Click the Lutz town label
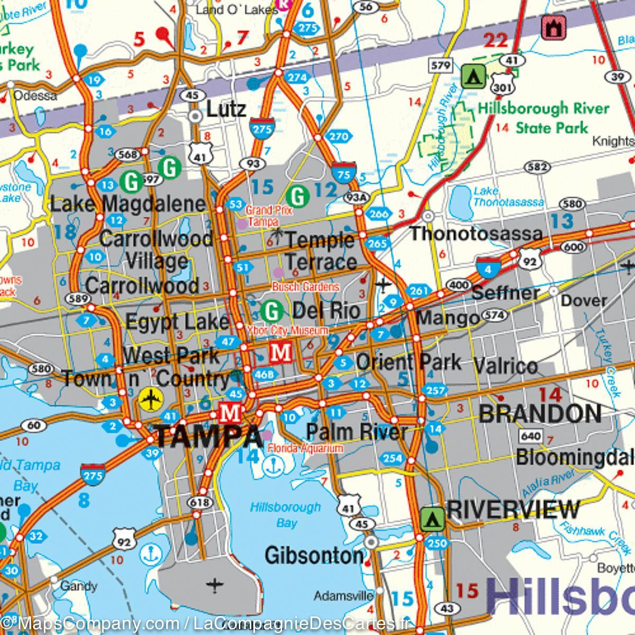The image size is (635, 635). (226, 110)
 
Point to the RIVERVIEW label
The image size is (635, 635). (513, 509)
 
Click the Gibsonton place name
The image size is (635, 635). (314, 556)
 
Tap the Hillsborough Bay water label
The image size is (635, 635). (286, 515)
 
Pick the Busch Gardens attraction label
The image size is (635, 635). (305, 287)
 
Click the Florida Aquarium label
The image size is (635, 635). (305, 449)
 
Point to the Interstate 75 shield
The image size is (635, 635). (344, 173)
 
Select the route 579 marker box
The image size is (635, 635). (440, 66)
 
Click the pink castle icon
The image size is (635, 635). (554, 28)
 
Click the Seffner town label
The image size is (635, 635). (505, 292)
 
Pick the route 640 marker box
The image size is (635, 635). (531, 436)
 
